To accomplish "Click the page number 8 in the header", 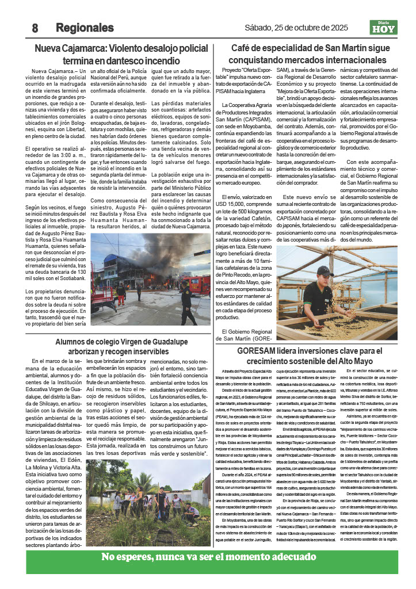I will click(x=35, y=28).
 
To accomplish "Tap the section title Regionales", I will click(x=85, y=28).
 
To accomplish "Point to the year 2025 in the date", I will click(x=336, y=27).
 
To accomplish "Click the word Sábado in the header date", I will click(x=259, y=27).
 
